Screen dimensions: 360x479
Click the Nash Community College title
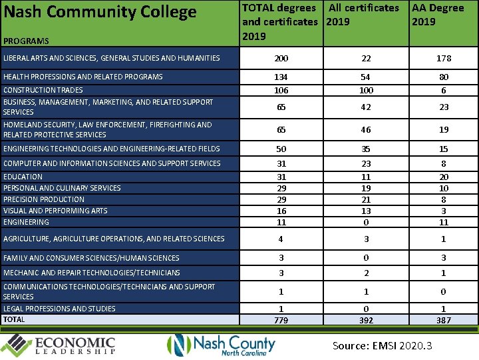tap(100, 12)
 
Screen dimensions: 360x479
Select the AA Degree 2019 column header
tap(438, 15)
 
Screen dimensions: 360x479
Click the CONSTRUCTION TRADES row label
tap(43, 90)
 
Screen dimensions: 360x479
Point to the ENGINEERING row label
tap(26, 222)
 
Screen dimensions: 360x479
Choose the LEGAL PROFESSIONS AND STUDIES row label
tap(59, 309)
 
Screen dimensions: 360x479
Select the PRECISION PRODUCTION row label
tap(44, 199)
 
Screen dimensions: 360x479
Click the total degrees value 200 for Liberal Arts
tap(281, 59)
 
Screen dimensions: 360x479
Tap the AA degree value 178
tap(444, 59)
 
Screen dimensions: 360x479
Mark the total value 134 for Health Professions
tap(281, 77)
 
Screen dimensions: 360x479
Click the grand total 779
tap(281, 321)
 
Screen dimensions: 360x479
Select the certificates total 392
tap(366, 321)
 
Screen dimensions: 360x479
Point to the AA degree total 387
tap(444, 321)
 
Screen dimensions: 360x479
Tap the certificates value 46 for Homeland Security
tap(366, 130)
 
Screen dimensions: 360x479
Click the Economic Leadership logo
tap(60, 345)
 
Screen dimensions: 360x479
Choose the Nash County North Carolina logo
tap(221, 345)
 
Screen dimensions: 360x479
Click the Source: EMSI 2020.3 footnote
tap(383, 345)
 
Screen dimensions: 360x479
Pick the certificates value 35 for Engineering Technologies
tap(366, 149)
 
